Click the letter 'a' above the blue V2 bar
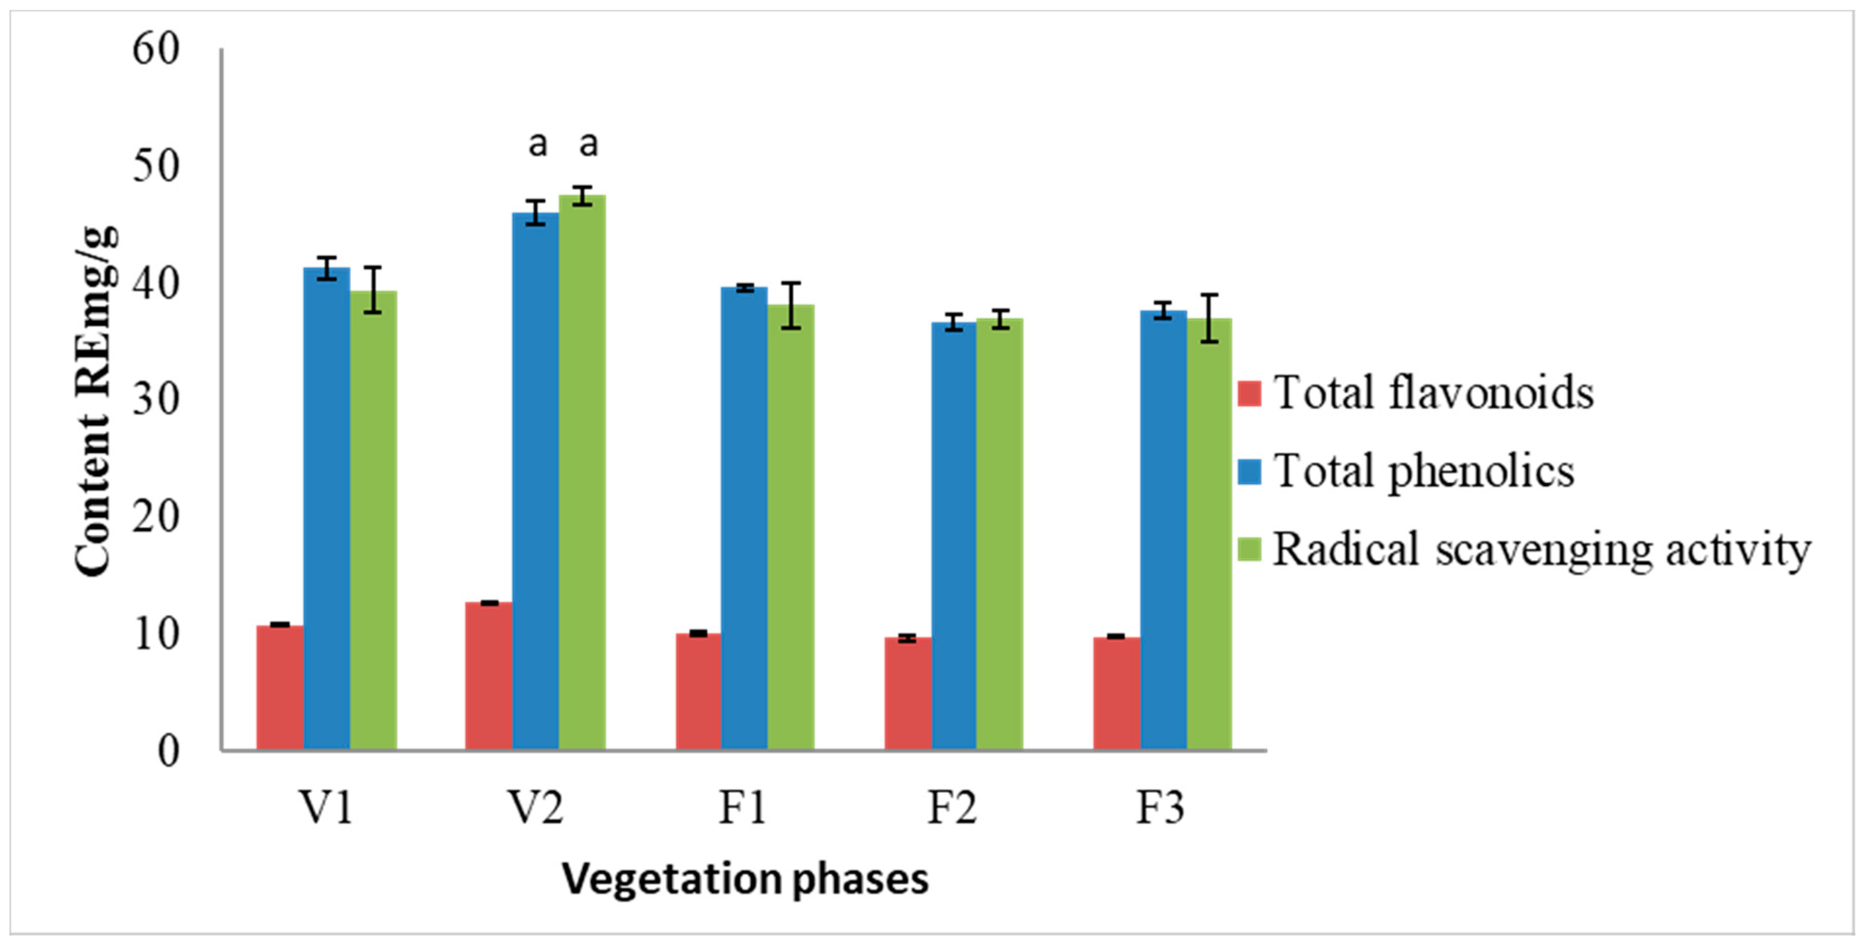coord(537,144)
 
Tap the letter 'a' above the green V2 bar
coord(589,144)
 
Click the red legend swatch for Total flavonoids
coord(1250,393)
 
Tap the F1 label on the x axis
coord(742,807)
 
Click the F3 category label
coord(1160,807)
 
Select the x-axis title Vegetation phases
coord(745,879)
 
